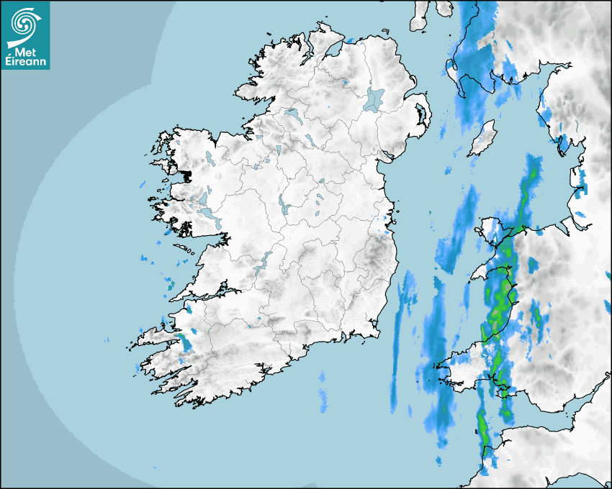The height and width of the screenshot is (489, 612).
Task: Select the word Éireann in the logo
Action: [x=25, y=61]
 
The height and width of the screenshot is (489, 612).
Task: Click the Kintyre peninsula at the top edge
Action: [x=420, y=18]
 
